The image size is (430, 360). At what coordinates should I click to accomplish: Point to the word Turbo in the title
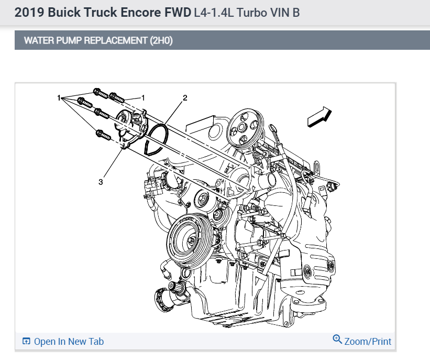249,13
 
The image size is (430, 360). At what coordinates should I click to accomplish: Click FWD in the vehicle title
178,13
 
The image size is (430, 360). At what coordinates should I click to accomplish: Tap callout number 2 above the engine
185,97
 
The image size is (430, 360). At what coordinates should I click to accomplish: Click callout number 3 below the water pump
101,181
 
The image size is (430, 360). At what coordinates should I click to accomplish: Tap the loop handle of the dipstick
272,128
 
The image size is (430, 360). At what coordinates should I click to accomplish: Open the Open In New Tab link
69,342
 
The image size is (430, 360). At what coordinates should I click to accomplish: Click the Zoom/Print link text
368,342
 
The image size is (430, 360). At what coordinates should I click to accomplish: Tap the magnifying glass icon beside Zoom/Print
337,340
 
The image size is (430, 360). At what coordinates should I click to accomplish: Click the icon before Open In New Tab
26,342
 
